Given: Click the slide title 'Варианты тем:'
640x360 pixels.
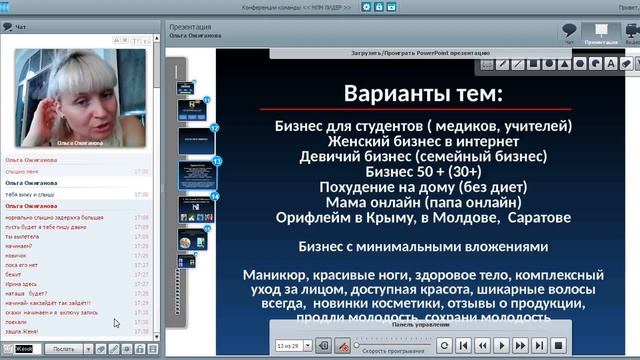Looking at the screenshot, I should (x=424, y=94).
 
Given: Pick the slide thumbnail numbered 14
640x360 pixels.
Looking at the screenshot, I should (x=196, y=208).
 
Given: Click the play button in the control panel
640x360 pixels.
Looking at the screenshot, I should (x=502, y=345).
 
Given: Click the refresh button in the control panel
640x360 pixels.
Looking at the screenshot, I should (x=444, y=345).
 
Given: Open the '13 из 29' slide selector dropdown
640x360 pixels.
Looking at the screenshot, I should (x=293, y=345).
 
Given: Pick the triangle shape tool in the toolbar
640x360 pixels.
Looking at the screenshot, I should (x=564, y=64).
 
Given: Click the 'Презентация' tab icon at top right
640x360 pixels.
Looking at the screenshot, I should (x=601, y=31).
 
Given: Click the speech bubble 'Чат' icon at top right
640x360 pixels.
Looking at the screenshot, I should (x=570, y=31).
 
